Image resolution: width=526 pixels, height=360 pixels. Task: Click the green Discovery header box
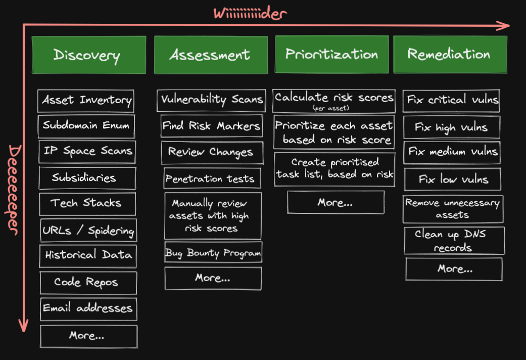88,55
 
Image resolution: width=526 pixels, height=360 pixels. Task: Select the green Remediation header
450,55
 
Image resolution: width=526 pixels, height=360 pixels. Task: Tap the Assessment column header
210,55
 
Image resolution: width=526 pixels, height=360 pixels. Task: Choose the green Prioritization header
331,55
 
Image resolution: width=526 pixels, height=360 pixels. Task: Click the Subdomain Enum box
86,126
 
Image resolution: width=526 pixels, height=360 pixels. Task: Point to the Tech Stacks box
86,203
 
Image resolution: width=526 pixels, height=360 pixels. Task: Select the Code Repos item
88,282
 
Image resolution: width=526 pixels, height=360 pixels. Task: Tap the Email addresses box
88,308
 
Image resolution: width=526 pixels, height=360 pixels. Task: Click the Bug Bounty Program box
213,253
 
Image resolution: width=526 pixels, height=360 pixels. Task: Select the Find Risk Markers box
212,126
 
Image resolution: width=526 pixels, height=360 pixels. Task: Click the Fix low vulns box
453,179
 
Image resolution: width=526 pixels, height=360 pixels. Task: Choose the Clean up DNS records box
454,241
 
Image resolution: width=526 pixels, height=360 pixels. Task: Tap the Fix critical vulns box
452,100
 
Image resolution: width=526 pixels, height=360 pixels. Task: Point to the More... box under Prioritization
335,202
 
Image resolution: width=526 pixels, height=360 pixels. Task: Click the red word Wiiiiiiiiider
250,13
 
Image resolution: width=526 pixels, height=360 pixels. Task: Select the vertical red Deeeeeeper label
14,190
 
